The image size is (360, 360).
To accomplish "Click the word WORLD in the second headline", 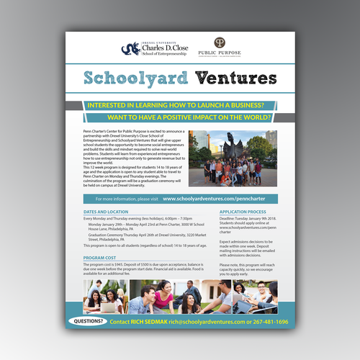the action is [x=256, y=117].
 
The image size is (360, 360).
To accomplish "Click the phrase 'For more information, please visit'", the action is [x=125, y=197].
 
